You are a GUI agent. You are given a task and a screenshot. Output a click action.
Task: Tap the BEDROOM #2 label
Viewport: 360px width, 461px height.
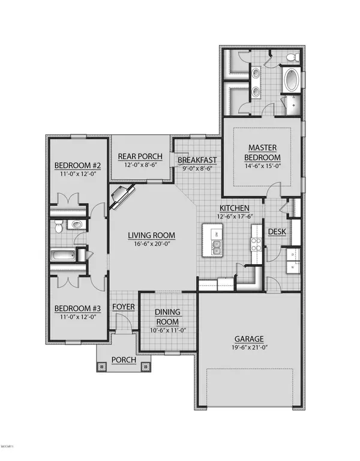tap(78, 166)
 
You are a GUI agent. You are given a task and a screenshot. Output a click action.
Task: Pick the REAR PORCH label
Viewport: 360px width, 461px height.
tap(142, 155)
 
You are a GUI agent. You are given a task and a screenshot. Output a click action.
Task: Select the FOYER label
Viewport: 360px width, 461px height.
tap(124, 307)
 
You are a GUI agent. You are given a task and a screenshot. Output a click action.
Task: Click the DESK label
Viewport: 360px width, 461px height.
tap(276, 231)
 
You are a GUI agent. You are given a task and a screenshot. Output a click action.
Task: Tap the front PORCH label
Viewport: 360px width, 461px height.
tap(124, 360)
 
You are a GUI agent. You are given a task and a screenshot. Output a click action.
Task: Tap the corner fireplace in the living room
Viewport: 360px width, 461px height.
tap(122, 196)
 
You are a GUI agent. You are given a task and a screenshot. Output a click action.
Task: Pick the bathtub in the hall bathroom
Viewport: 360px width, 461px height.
tap(63, 255)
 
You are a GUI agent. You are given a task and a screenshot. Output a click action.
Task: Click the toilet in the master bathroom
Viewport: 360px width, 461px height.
tap(292, 58)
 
